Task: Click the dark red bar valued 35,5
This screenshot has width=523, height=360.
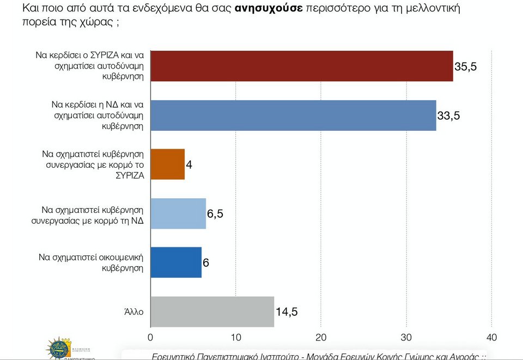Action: coord(301,66)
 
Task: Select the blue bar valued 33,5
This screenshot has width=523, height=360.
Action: coord(293,115)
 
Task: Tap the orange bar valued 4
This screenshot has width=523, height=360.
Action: coord(167,164)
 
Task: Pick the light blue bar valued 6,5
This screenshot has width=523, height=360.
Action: coord(178,213)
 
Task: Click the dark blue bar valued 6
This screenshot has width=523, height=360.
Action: coord(175,263)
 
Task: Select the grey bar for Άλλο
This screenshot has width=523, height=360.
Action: coord(212,312)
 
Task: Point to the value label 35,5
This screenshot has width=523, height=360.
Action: coord(465,66)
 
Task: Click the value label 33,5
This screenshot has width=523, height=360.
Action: coord(448,116)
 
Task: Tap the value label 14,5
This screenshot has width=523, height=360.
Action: coord(287,312)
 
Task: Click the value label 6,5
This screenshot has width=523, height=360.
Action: coord(215,214)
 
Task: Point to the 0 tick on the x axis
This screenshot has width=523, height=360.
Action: coord(150,338)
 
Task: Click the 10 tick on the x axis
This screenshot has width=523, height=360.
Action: coord(235,338)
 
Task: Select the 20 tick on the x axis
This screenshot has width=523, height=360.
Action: coord(321,338)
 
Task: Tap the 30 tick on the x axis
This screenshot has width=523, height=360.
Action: coord(406,338)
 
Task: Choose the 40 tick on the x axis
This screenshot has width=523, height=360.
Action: coord(491,338)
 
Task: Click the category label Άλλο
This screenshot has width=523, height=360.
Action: coord(133,312)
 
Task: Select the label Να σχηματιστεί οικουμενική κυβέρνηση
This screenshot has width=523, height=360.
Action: coord(91,263)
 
